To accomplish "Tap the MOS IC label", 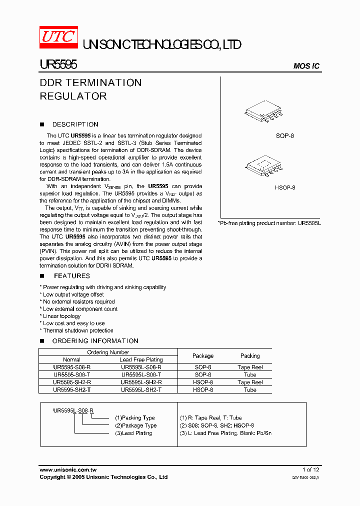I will (306, 66).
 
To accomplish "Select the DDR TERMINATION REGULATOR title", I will (90, 89).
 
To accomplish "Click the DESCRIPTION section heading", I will (75, 124).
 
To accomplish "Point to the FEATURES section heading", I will (71, 276).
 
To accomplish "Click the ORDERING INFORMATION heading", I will (95, 341).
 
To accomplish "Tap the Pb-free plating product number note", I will (269, 223).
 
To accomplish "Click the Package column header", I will (203, 356).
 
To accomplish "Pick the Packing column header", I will (250, 356).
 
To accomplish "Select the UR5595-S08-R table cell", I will (71, 367).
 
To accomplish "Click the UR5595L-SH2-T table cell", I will (141, 389).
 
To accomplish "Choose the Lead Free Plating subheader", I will (141, 359).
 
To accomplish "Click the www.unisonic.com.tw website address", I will (68, 469).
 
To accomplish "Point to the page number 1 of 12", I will (310, 469).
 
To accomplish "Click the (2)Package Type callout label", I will (135, 425).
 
